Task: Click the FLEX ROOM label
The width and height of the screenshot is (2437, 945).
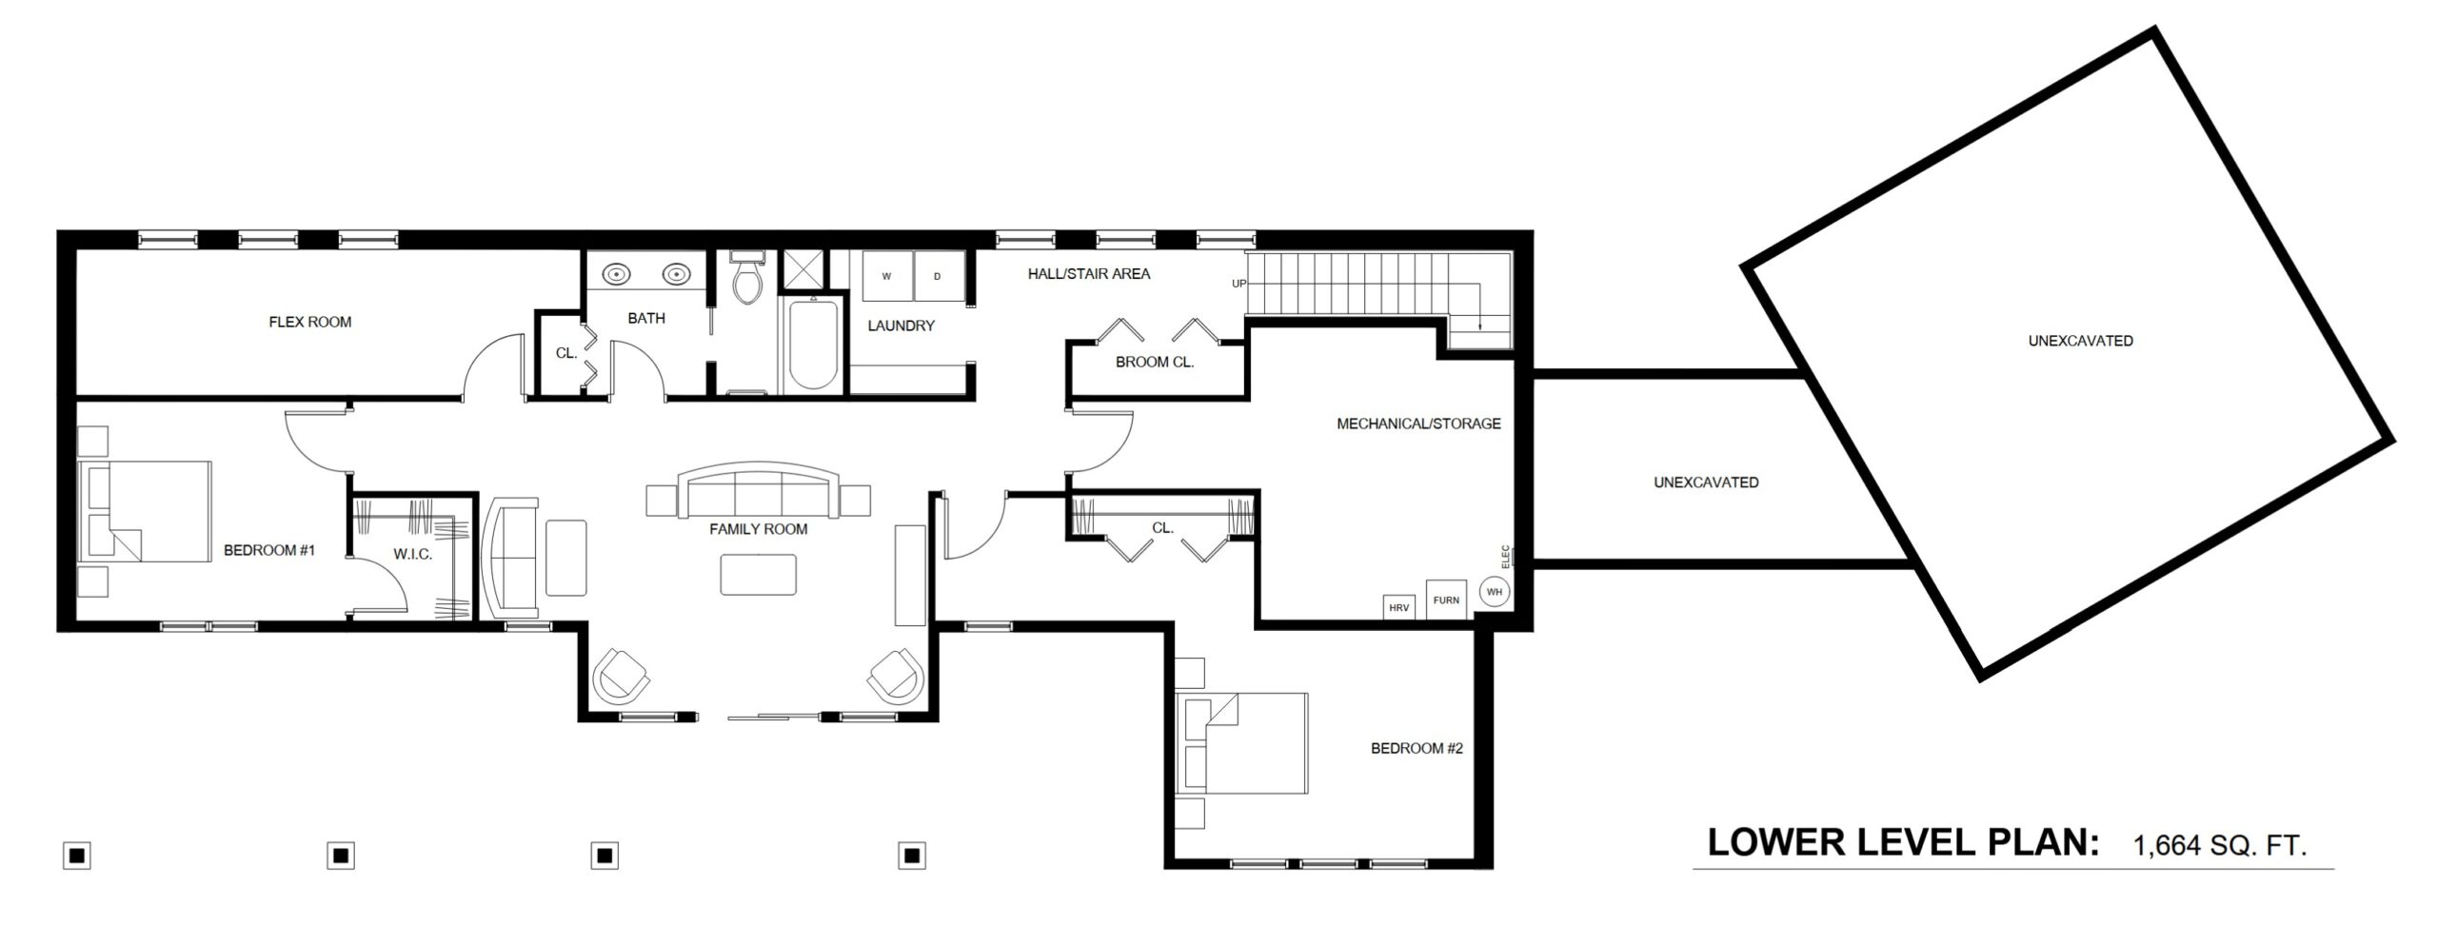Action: click(x=310, y=322)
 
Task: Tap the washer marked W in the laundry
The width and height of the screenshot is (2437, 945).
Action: click(x=887, y=276)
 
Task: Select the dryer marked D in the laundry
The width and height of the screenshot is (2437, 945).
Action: click(x=938, y=276)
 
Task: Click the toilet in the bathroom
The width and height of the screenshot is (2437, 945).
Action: click(x=748, y=277)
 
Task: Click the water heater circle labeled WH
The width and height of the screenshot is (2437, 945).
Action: click(x=1495, y=592)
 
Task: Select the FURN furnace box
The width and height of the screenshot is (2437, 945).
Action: click(x=1446, y=600)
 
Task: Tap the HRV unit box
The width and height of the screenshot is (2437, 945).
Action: click(x=1398, y=607)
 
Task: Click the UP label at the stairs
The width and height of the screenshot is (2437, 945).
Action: click(x=1238, y=283)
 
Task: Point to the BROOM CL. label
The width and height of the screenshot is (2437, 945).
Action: click(x=1155, y=362)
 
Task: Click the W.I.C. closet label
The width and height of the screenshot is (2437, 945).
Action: click(x=413, y=554)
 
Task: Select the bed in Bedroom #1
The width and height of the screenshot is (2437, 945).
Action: click(x=145, y=512)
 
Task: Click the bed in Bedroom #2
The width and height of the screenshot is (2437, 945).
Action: click(x=1242, y=743)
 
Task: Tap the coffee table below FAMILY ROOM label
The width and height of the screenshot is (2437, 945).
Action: click(x=759, y=575)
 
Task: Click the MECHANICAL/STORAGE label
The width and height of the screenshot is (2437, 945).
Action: click(x=1418, y=423)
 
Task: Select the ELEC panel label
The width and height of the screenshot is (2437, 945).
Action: click(x=1505, y=555)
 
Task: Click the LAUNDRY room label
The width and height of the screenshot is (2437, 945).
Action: click(x=901, y=325)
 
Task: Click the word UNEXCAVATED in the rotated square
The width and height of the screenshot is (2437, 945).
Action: click(x=2080, y=341)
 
